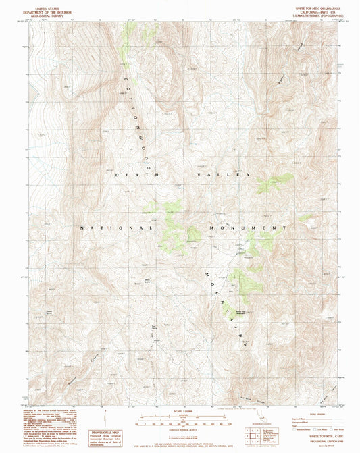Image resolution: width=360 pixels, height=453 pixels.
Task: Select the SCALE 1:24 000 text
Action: tap(180, 411)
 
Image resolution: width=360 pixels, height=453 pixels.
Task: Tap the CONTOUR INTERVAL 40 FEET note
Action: tap(180, 428)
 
